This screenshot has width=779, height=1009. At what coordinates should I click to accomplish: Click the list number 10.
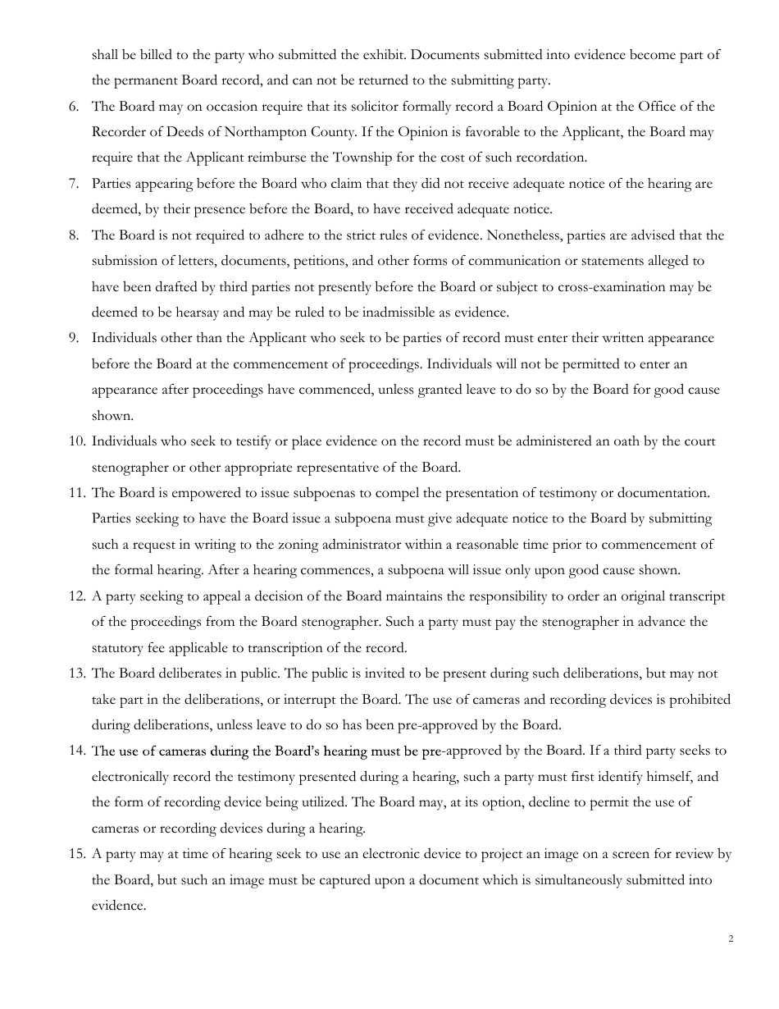click(76, 441)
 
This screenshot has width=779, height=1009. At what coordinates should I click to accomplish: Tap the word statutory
click(121, 648)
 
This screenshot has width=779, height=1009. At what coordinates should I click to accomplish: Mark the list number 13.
click(76, 673)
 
